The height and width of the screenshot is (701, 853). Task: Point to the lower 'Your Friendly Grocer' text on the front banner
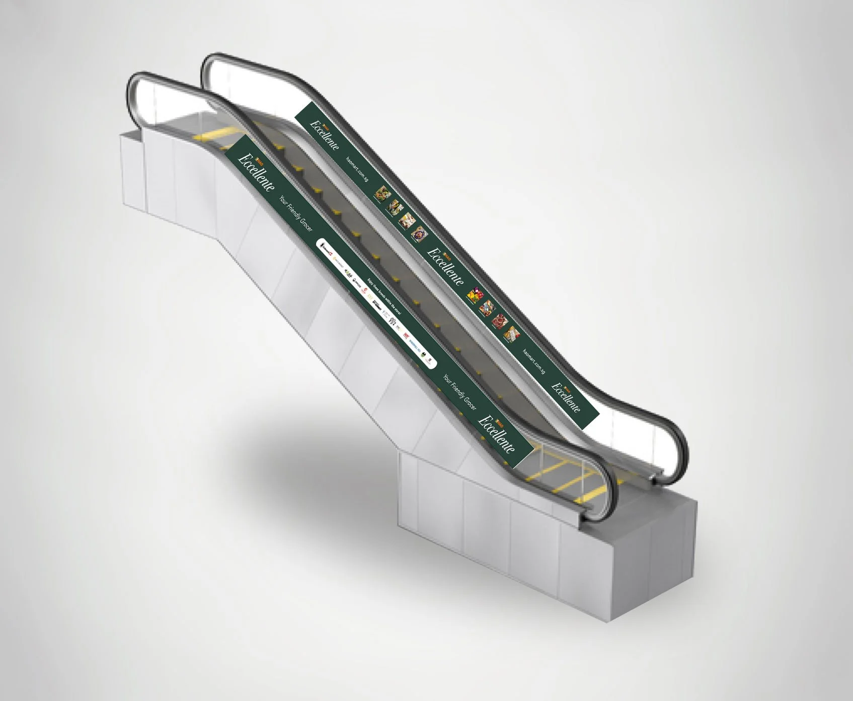pos(458,393)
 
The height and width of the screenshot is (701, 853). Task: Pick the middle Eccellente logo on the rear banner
pos(446,261)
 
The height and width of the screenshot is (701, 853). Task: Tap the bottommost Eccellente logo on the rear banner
pos(566,398)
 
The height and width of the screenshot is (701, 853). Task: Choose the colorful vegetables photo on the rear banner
pos(475,296)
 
